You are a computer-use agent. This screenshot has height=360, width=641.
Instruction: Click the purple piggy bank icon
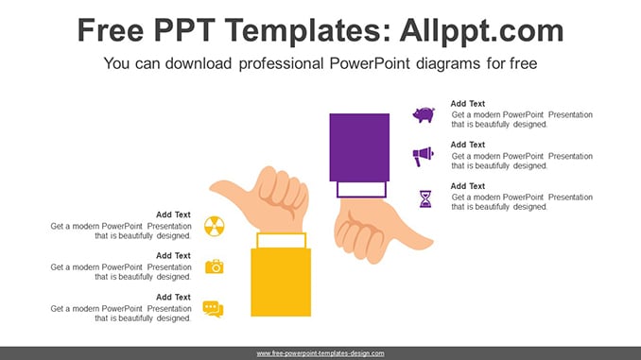(424, 115)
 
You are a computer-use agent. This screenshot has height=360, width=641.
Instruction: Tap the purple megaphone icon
(423, 156)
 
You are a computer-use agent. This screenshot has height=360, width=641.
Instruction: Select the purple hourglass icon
(425, 199)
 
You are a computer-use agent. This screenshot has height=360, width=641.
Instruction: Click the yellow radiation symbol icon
(215, 227)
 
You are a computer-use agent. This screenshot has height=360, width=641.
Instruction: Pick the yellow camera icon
(215, 266)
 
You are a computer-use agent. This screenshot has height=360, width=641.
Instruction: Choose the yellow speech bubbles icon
(213, 309)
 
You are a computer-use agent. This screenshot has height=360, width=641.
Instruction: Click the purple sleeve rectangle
(359, 147)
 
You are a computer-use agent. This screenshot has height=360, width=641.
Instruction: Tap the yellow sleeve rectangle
(281, 282)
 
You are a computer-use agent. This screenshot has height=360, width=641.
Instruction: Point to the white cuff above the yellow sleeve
(281, 241)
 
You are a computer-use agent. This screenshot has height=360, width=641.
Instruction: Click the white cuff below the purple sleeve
(361, 190)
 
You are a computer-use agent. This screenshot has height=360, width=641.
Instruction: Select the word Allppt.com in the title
(481, 30)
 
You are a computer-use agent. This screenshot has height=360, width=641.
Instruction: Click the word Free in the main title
(111, 30)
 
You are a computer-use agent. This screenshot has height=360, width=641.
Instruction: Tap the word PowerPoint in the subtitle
(370, 63)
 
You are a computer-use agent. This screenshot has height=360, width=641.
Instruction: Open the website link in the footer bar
(320, 353)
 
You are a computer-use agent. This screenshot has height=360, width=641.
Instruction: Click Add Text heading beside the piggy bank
(468, 104)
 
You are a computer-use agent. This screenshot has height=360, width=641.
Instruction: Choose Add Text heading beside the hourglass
(468, 186)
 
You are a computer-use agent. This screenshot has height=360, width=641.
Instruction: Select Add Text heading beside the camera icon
(173, 256)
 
